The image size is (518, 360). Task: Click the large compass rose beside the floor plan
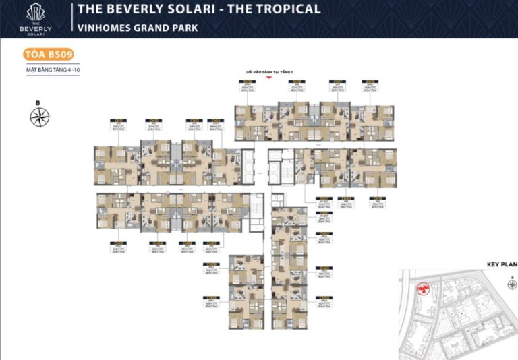pyautogui.click(x=40, y=117)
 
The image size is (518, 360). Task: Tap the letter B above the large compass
pyautogui.click(x=38, y=102)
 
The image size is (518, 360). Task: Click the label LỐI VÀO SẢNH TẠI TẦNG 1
pyautogui.click(x=269, y=71)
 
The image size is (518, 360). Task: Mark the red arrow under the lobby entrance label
pyautogui.click(x=269, y=77)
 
